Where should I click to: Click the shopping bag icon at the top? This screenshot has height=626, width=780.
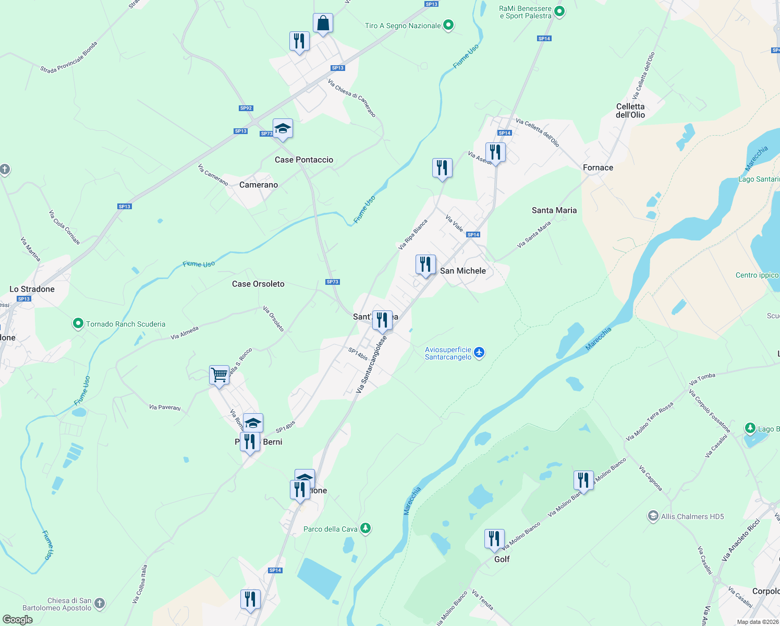323,23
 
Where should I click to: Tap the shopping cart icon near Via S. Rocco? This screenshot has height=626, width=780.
219,374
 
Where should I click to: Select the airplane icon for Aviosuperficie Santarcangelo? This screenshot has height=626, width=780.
479,353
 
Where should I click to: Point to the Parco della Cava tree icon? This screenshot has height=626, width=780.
365,528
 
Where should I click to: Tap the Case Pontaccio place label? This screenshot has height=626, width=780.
304,160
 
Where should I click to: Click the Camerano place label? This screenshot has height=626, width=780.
259,185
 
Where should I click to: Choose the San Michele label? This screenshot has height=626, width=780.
463,271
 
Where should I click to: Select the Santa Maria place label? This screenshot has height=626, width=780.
554,210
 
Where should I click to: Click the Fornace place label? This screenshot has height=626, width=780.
598,167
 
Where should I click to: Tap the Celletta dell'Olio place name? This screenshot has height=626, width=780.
630,111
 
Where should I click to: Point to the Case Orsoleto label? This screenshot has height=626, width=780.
258,284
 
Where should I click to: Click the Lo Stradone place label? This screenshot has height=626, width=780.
32,289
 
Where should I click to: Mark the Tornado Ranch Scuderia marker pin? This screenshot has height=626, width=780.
78,324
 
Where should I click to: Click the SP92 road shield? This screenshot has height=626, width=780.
246,109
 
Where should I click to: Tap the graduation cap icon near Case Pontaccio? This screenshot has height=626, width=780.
283,128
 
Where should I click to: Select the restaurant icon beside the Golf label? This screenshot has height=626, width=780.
494,539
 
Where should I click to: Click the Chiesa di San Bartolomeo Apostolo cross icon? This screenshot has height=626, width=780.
100,604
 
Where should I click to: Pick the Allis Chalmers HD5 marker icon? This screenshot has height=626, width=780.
653,516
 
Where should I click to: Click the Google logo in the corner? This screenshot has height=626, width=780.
18,620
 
